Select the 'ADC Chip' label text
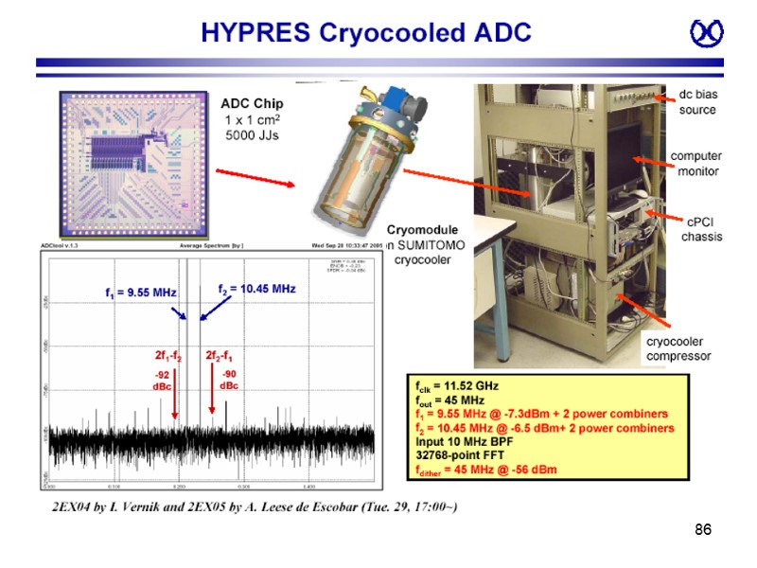252,104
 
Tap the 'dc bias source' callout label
698,102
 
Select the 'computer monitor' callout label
696,163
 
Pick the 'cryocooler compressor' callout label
678,348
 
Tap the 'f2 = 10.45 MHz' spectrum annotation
256,288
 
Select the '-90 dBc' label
229,380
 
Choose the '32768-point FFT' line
460,454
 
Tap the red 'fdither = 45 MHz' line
485,469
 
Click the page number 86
702,529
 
